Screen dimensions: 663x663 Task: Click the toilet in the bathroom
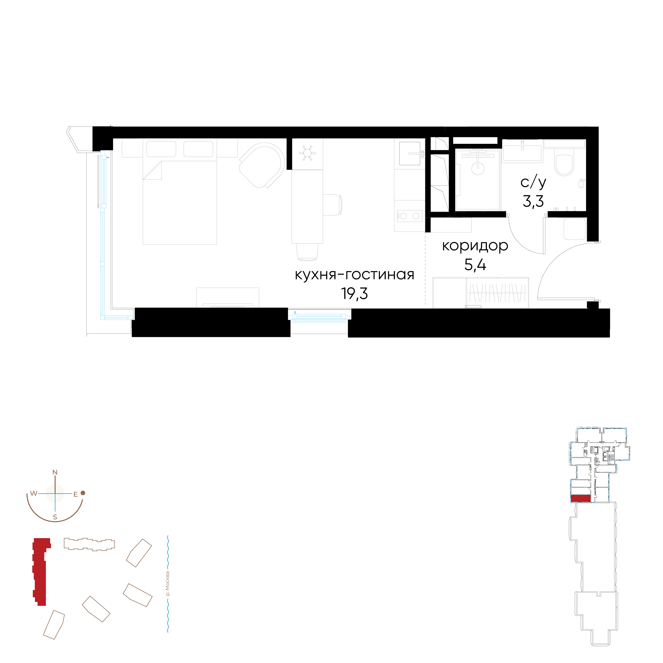point(564,165)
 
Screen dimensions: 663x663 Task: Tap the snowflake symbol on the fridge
point(307,153)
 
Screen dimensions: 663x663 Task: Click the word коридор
point(475,246)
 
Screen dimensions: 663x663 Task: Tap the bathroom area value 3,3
point(533,201)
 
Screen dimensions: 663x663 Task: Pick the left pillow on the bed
point(161,149)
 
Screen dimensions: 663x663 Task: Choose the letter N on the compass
point(55,473)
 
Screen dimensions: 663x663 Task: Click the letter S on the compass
point(55,517)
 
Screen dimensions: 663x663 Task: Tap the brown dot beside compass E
point(83,493)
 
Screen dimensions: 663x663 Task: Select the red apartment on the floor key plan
point(581,498)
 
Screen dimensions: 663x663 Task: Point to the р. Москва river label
point(167,583)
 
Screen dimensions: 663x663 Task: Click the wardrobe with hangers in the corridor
point(497,293)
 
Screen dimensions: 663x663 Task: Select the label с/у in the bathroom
point(533,183)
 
